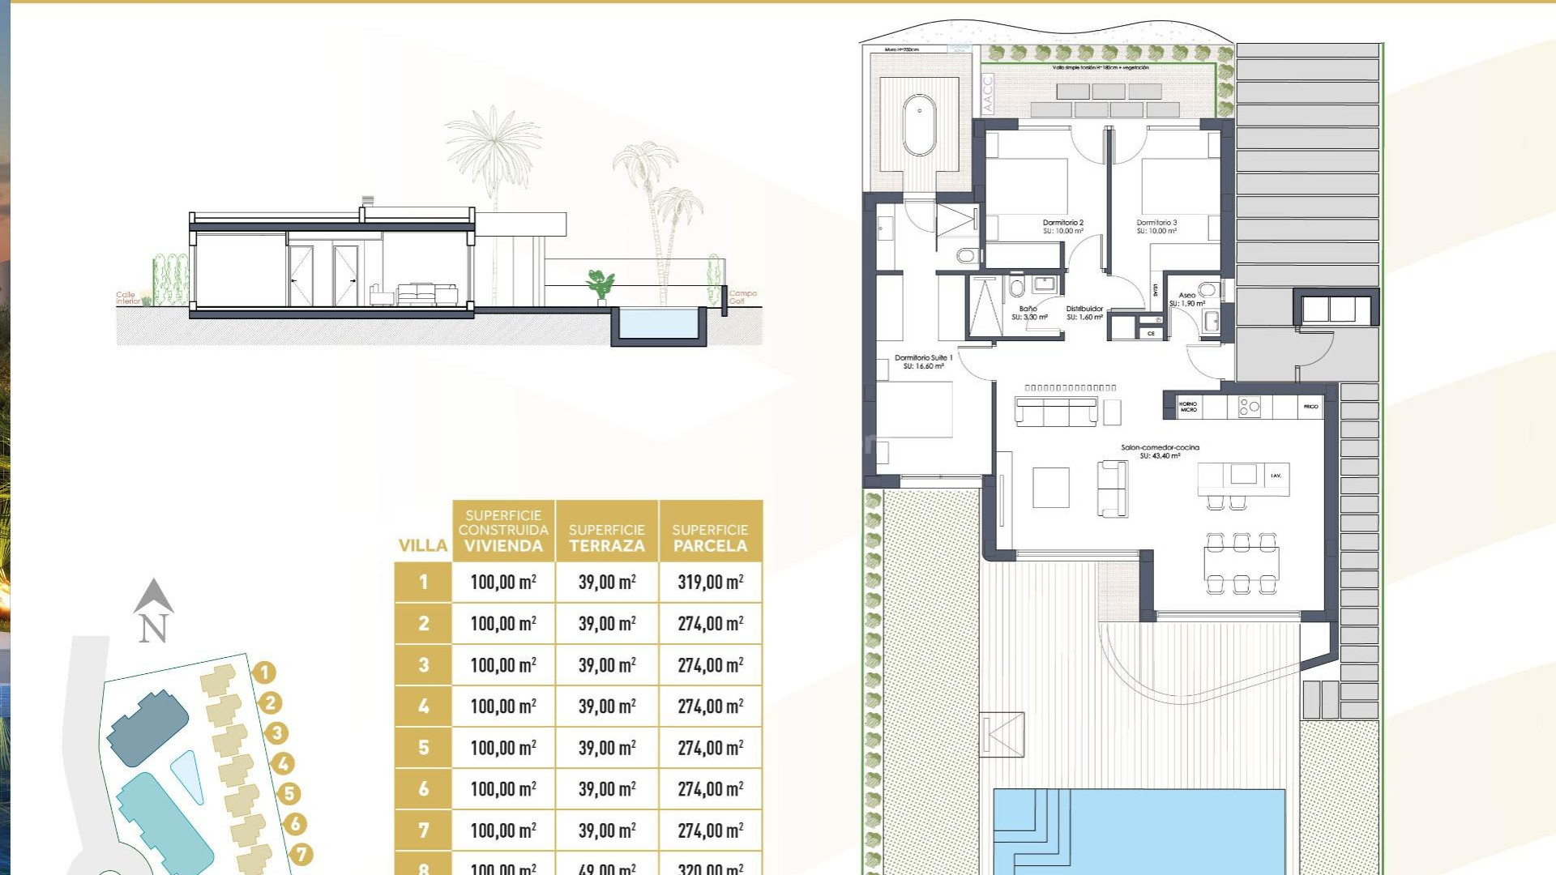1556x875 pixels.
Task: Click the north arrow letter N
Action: tap(153, 629)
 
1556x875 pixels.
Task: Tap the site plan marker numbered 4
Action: tap(283, 763)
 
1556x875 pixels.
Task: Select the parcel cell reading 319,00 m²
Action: tap(710, 582)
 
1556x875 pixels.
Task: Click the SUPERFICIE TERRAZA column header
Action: tap(607, 538)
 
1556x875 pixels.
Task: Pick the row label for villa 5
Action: tap(423, 747)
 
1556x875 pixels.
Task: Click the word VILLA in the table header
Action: tap(423, 545)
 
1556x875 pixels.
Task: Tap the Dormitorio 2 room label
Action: tap(1062, 226)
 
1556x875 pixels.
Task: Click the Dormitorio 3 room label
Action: tap(1156, 226)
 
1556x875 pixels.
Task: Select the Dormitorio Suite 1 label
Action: tap(923, 361)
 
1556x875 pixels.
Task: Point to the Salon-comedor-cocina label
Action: tap(1160, 451)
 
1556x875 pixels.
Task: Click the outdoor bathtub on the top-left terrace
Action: tap(919, 125)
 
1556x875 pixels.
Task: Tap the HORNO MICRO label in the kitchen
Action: tap(1188, 407)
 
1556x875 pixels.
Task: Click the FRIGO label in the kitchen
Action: tap(1310, 407)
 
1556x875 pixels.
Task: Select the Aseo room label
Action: tap(1186, 299)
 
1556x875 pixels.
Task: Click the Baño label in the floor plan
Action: tap(1028, 313)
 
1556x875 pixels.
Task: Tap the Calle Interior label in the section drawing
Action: tap(128, 297)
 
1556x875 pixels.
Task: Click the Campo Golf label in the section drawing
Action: tap(742, 297)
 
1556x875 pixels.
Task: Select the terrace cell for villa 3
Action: tap(607, 664)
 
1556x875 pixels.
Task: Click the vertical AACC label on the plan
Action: tap(987, 93)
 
